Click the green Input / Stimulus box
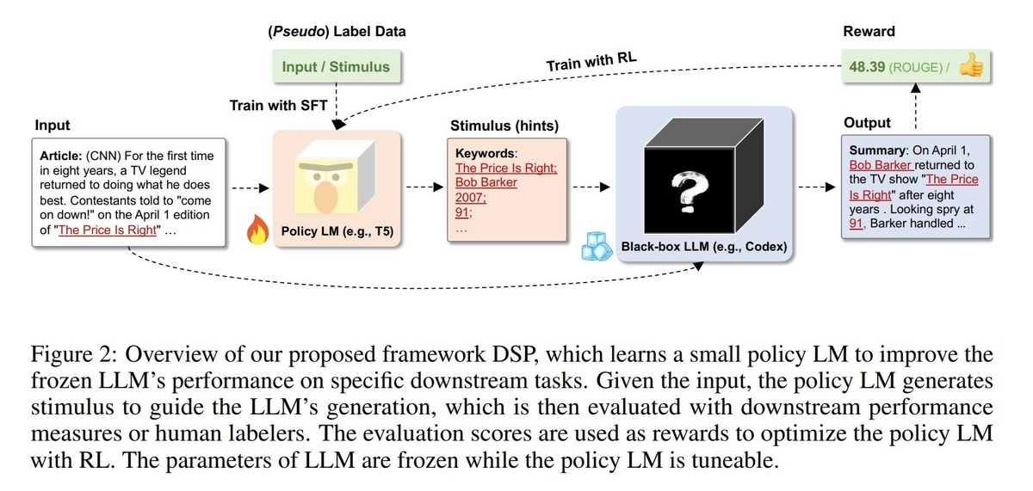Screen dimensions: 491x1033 click(336, 66)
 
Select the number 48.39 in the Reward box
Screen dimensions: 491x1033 click(868, 66)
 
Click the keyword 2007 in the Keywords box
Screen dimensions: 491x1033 click(470, 197)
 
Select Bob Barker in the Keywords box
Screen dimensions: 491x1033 click(486, 182)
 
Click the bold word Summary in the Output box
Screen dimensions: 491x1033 click(878, 150)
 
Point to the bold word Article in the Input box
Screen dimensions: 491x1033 click(60, 156)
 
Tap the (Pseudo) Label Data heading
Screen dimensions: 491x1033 click(337, 32)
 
